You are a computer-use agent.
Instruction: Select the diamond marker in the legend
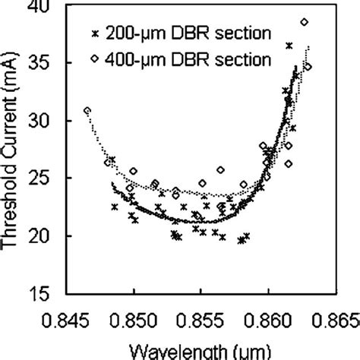95,58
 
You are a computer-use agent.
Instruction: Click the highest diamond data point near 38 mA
305,22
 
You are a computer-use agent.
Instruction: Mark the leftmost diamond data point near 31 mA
87,111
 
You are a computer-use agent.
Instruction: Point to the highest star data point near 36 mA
289,46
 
